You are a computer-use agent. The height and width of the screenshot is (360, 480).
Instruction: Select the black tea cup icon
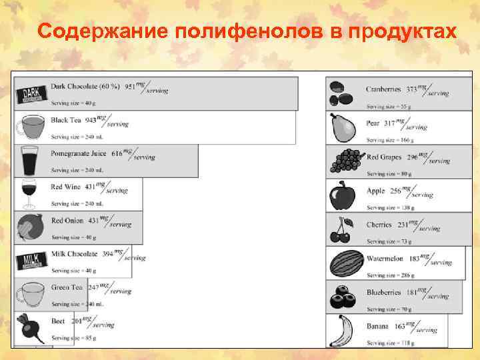click(x=31, y=127)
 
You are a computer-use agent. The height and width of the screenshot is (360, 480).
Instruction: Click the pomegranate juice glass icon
click(x=31, y=160)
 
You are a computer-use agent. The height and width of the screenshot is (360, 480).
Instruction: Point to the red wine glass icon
click(x=29, y=193)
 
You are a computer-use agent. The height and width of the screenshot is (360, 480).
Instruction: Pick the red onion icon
click(x=31, y=227)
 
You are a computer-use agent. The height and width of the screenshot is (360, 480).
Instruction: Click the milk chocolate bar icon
click(x=31, y=260)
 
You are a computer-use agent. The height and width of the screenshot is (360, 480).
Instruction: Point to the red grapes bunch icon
click(x=343, y=162)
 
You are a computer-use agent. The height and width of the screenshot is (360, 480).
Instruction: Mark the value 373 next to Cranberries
click(x=412, y=89)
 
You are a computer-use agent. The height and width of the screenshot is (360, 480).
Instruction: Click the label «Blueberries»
click(x=383, y=292)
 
